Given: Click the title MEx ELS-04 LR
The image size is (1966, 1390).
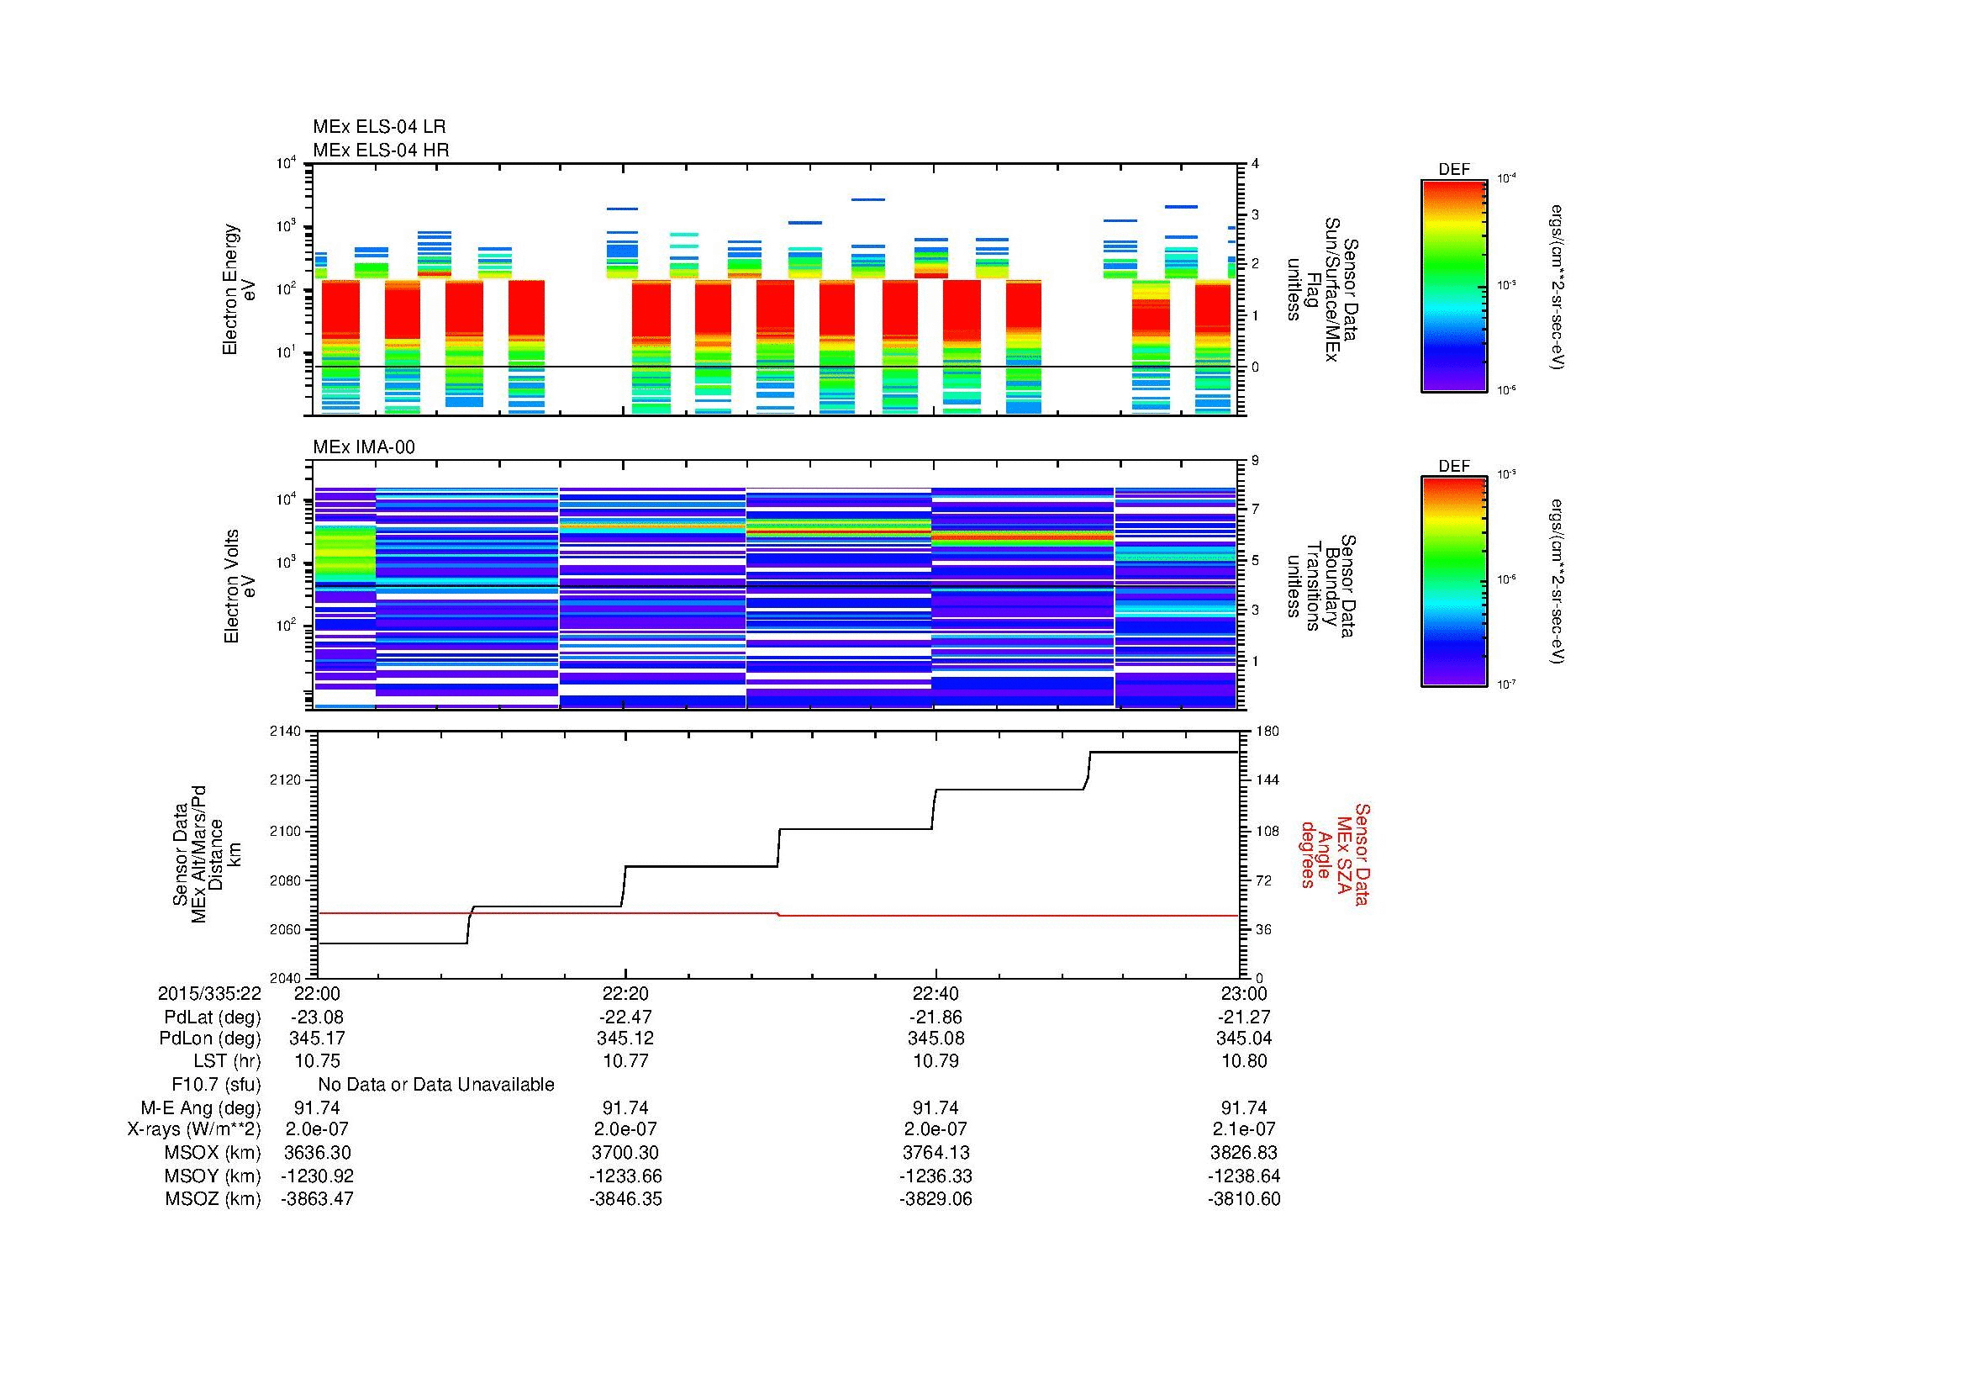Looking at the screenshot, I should [379, 127].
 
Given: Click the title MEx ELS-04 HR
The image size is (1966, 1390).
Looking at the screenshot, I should [381, 150].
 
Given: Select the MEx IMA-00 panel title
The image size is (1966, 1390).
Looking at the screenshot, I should [364, 447].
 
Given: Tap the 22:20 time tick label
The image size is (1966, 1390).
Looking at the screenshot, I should [625, 994].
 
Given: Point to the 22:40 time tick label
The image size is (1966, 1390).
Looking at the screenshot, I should [936, 994].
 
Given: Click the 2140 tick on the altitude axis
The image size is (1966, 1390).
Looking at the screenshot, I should [285, 732].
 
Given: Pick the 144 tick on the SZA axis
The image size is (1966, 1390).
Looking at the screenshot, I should [1266, 780].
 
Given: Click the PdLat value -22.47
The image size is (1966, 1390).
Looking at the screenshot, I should [625, 1017].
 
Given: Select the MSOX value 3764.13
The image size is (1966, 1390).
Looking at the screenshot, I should [936, 1153].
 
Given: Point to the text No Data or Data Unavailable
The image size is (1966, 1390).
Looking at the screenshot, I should [436, 1085].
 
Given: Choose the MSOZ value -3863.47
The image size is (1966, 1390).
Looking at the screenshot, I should [317, 1199].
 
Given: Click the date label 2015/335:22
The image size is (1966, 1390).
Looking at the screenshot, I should [209, 994].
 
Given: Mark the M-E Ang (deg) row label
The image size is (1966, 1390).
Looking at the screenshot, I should [201, 1107].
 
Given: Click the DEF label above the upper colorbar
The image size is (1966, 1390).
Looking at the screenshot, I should [1453, 170].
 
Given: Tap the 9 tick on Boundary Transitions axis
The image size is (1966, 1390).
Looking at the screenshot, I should [1255, 461].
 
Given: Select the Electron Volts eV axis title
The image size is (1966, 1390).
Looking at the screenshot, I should [240, 586].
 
